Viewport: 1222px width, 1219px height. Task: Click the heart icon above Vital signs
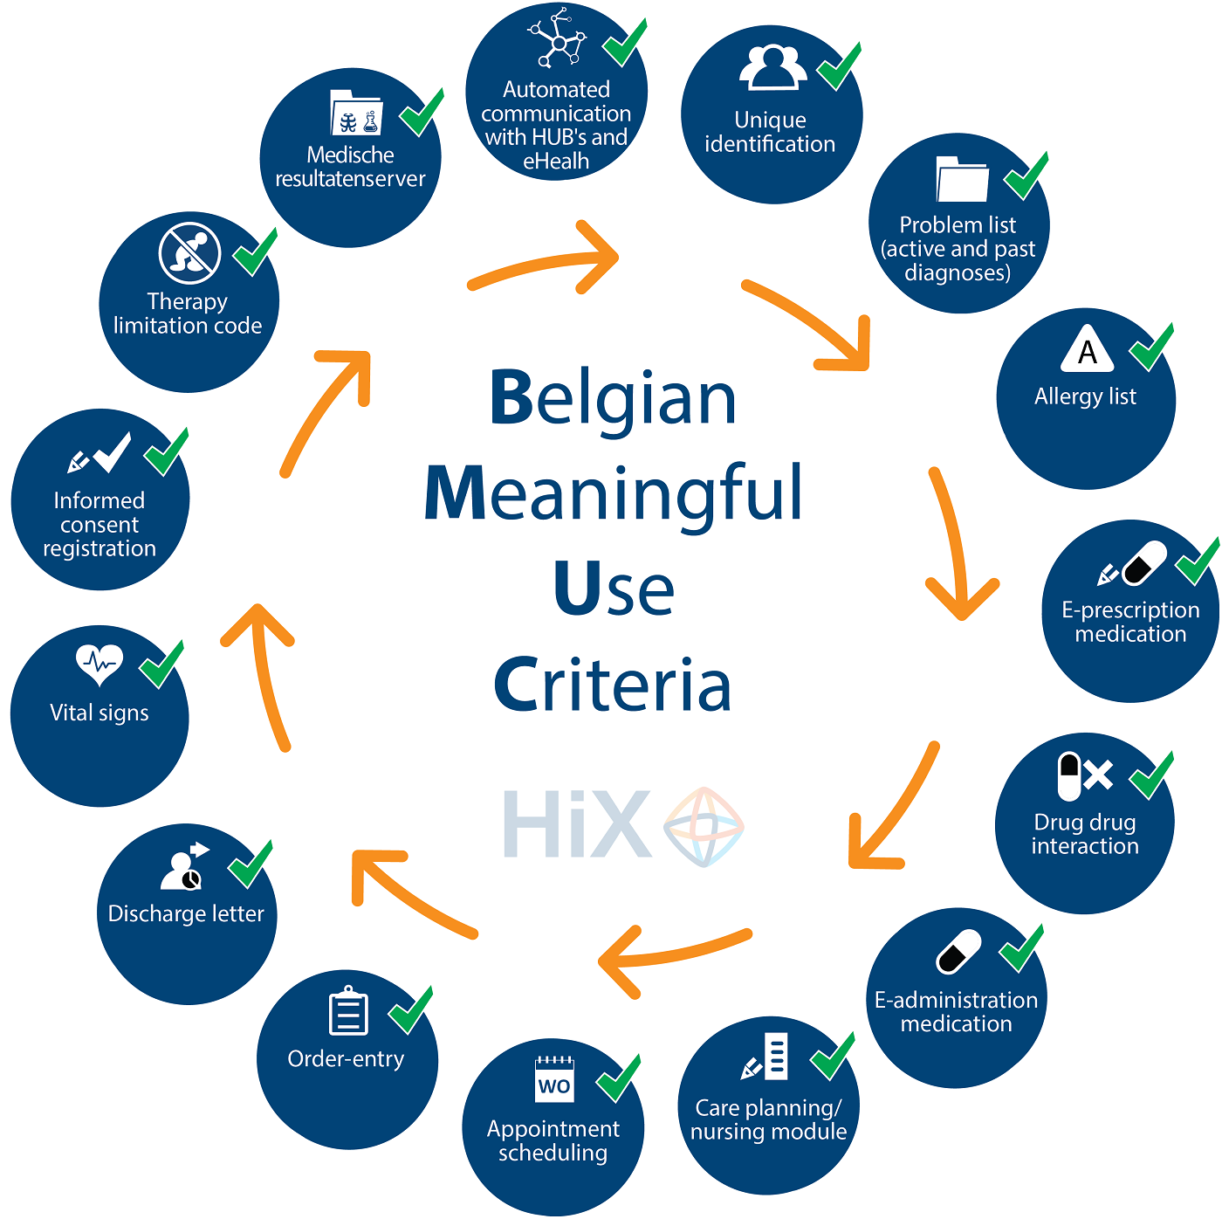coord(100,664)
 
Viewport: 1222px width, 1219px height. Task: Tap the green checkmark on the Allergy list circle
coord(1151,347)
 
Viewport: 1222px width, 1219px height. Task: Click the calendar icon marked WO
coord(554,1080)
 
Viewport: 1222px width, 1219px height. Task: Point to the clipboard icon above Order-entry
coord(348,1010)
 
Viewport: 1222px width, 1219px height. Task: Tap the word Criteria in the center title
coord(613,684)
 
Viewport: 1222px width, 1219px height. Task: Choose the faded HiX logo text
coord(577,823)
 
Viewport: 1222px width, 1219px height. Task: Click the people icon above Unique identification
coord(773,66)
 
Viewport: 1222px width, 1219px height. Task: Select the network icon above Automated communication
coord(558,38)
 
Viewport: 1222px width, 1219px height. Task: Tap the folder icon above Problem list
coord(962,178)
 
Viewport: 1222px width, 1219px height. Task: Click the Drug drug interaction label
coord(1085,834)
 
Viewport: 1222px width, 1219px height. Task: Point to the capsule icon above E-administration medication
coord(958,951)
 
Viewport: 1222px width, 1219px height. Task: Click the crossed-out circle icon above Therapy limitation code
coord(189,253)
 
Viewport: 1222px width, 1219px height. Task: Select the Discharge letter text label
coord(186,913)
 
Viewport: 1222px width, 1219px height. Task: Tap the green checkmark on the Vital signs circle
coord(161,664)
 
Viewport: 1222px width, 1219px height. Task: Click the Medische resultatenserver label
coord(350,167)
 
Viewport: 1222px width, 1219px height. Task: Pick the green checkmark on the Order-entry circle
coord(410,1010)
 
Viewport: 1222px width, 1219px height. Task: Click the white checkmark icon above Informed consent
coord(113,452)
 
